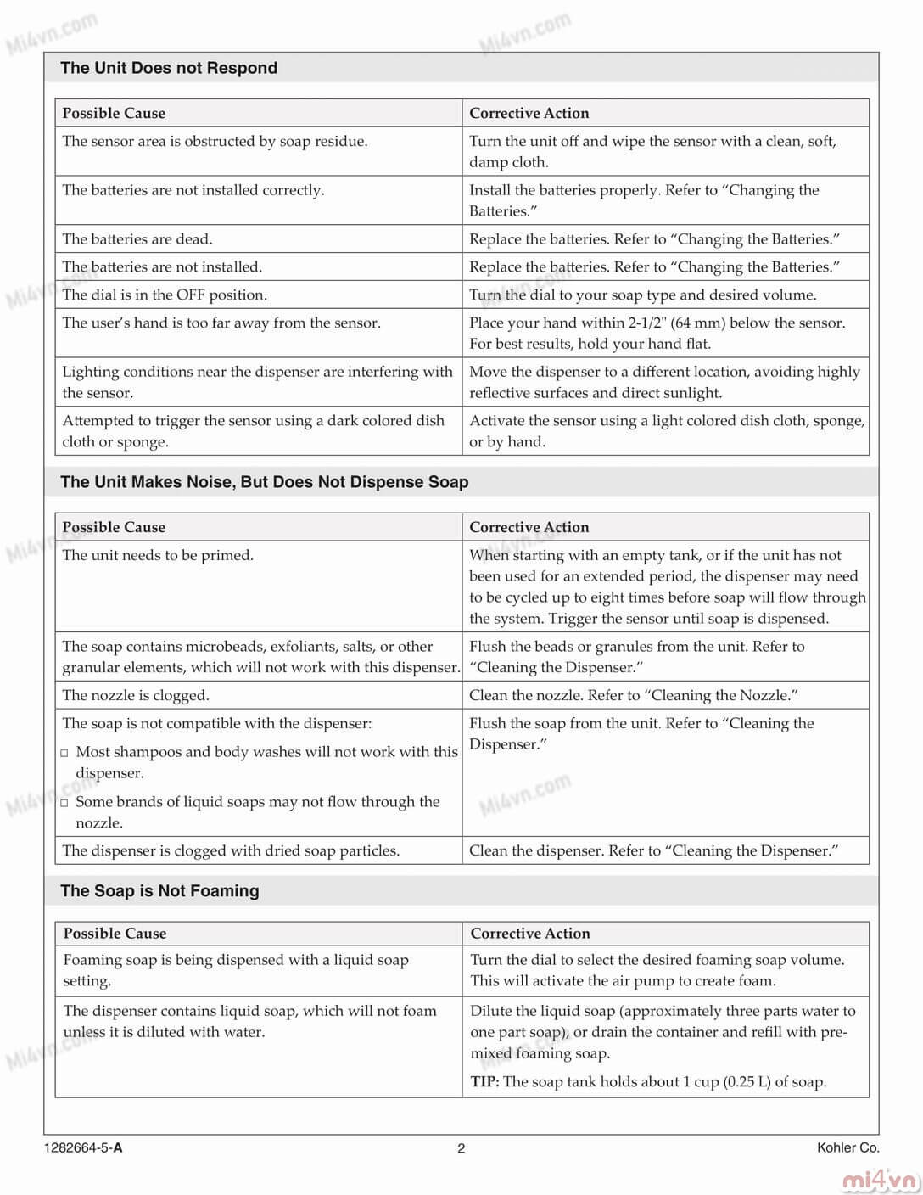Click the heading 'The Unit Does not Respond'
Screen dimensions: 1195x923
pyautogui.click(x=169, y=68)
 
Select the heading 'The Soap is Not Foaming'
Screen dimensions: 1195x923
pyautogui.click(x=159, y=890)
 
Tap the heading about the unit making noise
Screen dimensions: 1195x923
pyautogui.click(x=264, y=482)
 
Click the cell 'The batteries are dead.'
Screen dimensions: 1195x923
pyautogui.click(x=137, y=239)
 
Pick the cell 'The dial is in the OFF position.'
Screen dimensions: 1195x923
pyautogui.click(x=165, y=295)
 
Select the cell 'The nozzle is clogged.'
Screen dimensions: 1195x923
pyautogui.click(x=136, y=695)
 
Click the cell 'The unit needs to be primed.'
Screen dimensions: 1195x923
pyautogui.click(x=158, y=555)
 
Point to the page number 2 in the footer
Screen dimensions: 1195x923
pyautogui.click(x=461, y=1148)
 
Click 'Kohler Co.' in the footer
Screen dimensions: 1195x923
pyautogui.click(x=847, y=1147)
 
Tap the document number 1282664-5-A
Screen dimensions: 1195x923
pyautogui.click(x=83, y=1148)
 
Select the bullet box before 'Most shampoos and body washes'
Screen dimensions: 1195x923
pyautogui.click(x=64, y=753)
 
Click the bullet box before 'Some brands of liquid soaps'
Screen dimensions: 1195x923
pyautogui.click(x=64, y=803)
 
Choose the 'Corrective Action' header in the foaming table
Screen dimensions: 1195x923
pyautogui.click(x=530, y=934)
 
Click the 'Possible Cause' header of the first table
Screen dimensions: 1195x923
pyautogui.click(x=114, y=113)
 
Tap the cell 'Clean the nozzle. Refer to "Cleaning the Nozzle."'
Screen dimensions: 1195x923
pyautogui.click(x=634, y=695)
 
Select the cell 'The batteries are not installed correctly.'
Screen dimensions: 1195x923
pyautogui.click(x=193, y=190)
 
